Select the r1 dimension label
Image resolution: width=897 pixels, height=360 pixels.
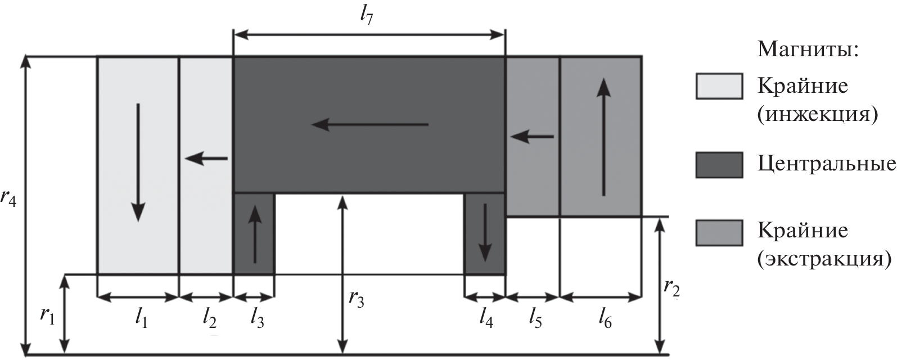point(48,316)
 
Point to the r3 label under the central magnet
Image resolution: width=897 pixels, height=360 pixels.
point(357,298)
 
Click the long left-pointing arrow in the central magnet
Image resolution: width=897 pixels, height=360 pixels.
point(370,124)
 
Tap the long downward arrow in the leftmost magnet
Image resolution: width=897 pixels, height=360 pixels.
point(138,163)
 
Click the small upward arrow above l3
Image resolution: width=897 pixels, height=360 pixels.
point(255,234)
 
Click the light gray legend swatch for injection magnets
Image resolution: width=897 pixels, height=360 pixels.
point(718,86)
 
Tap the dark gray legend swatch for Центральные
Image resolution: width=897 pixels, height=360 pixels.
point(718,165)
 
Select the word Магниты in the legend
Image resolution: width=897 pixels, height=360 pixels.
point(808,51)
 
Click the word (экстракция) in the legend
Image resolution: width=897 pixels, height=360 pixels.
point(824,259)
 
